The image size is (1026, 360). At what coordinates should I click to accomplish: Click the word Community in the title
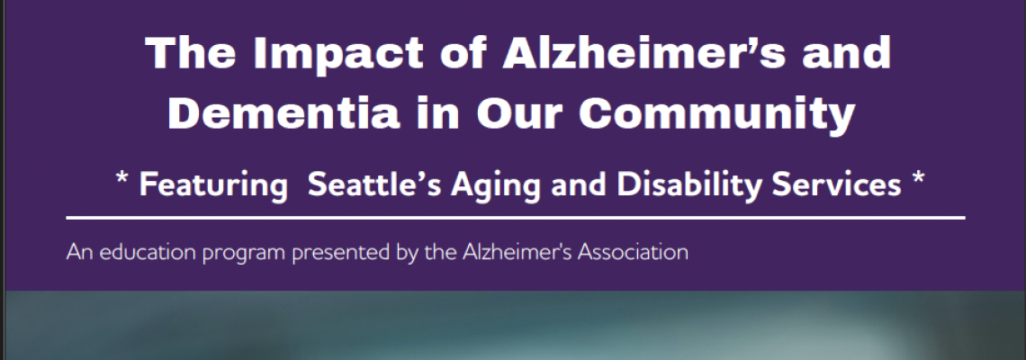(x=716, y=115)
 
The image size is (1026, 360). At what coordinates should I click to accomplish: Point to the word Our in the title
(x=517, y=113)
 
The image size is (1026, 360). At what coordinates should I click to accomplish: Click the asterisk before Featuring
(x=121, y=177)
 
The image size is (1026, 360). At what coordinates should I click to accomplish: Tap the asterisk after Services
(x=918, y=177)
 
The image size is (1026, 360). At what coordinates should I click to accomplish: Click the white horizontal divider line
(x=516, y=217)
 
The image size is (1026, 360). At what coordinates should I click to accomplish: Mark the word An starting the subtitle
(x=80, y=252)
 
